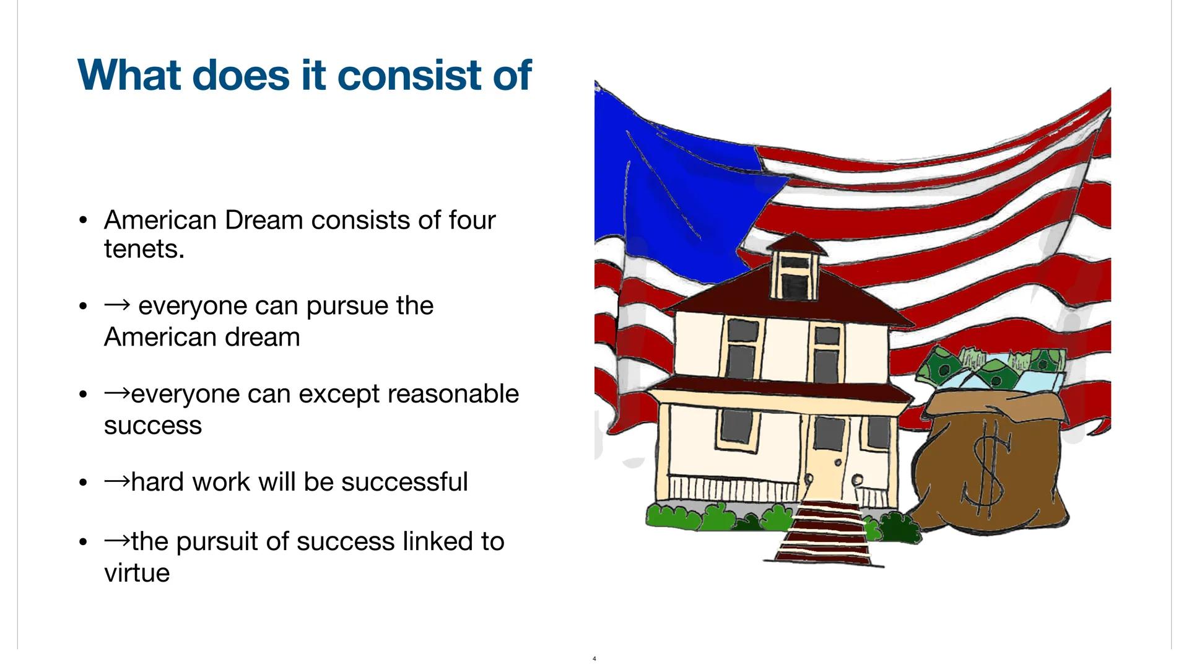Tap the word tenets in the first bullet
144,250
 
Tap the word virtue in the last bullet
136,573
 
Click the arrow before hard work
117,481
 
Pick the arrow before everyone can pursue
117,304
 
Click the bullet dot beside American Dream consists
83,221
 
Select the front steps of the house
824,533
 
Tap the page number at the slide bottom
594,658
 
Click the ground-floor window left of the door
736,426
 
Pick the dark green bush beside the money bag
900,528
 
